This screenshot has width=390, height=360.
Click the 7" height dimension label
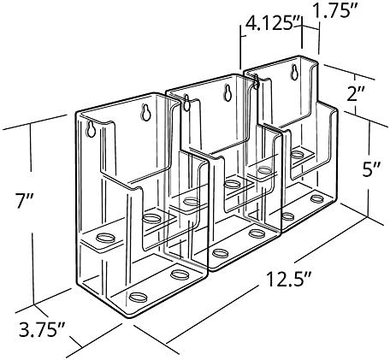[25, 201]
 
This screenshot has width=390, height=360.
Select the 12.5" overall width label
[288, 280]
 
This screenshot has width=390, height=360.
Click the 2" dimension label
[356, 94]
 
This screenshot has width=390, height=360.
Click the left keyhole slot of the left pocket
[91, 129]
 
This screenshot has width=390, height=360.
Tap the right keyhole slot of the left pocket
[145, 112]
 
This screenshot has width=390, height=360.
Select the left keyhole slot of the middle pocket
[186, 103]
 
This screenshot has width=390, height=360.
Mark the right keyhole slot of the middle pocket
[227, 92]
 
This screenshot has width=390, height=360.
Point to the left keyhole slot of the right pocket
[256, 81]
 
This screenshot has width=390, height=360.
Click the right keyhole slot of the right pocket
[294, 73]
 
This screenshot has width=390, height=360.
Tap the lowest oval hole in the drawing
[139, 297]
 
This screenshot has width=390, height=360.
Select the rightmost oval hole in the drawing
[317, 198]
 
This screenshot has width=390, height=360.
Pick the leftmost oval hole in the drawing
[106, 237]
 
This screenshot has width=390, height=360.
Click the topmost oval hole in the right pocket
[298, 154]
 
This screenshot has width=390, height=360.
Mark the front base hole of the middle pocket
[221, 253]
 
